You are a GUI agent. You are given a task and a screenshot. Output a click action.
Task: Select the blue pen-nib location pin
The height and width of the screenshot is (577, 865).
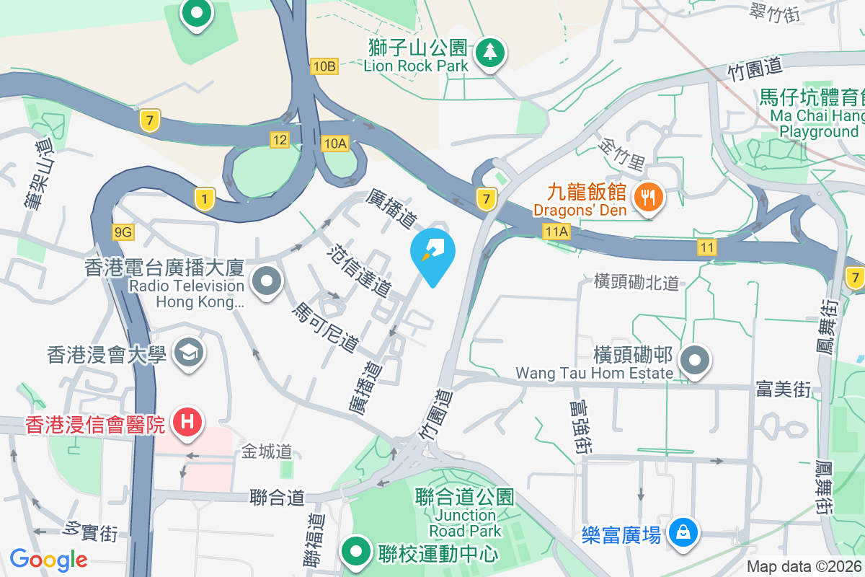coord(432,252)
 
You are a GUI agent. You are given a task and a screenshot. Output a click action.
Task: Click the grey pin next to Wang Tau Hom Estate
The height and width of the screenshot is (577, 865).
coord(695,359)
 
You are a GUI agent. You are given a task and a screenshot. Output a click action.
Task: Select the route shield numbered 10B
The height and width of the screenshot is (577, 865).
coord(324,66)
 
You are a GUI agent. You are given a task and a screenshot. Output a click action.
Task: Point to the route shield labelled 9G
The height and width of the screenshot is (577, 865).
coord(123,232)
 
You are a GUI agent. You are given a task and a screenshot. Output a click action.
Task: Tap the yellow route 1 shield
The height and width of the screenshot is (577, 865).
coord(205,198)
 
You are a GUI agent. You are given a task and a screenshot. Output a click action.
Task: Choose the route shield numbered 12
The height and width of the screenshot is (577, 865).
coord(280,139)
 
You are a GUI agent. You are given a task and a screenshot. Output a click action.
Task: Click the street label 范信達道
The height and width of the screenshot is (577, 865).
coord(359,271)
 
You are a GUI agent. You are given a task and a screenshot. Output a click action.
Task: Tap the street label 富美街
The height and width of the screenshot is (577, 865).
coord(784,390)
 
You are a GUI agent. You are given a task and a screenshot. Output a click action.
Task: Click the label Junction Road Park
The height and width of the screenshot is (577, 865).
coord(465,514)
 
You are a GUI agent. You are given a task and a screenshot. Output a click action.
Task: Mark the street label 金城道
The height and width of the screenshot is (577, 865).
coord(267,452)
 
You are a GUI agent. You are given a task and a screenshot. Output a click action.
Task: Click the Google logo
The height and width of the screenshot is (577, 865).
coord(48,559)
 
